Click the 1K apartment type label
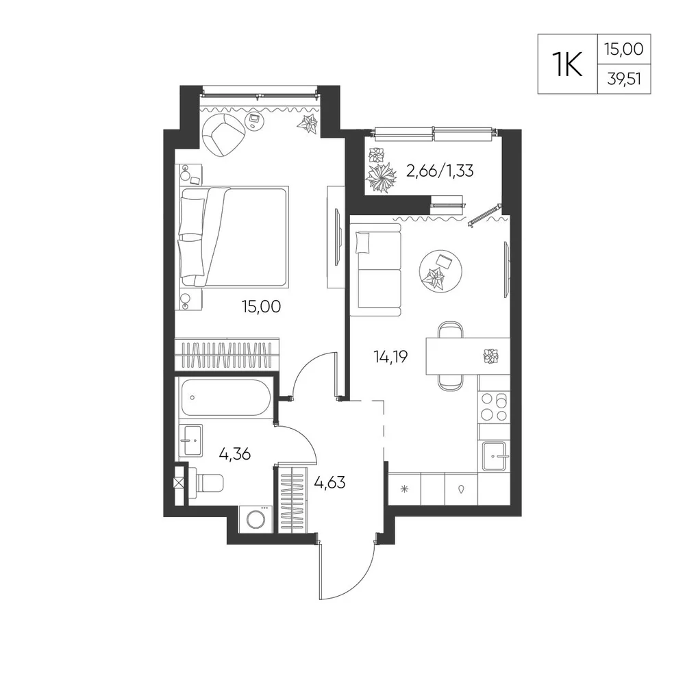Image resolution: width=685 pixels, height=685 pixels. (x=567, y=64)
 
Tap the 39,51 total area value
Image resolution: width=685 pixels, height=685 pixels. (x=624, y=79)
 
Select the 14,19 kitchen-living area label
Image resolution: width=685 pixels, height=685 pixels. (x=390, y=357)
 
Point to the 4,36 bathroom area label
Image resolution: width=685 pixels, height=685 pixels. (x=234, y=454)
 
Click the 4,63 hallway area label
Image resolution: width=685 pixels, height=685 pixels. (x=330, y=483)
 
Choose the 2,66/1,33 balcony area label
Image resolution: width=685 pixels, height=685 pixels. (x=440, y=171)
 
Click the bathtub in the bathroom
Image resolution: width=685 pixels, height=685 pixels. (x=225, y=397)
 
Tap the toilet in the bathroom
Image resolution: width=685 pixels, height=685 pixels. (x=206, y=483)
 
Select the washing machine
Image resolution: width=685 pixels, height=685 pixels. (x=256, y=519)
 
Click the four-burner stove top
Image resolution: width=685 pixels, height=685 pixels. (x=494, y=407)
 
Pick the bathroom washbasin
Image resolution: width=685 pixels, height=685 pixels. (x=191, y=440)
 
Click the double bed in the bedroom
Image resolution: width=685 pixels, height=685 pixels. (x=234, y=236)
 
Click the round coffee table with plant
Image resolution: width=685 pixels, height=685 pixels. (x=440, y=271)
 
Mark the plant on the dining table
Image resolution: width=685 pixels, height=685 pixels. (x=491, y=356)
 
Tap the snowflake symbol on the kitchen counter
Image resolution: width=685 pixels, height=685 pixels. (x=405, y=489)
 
